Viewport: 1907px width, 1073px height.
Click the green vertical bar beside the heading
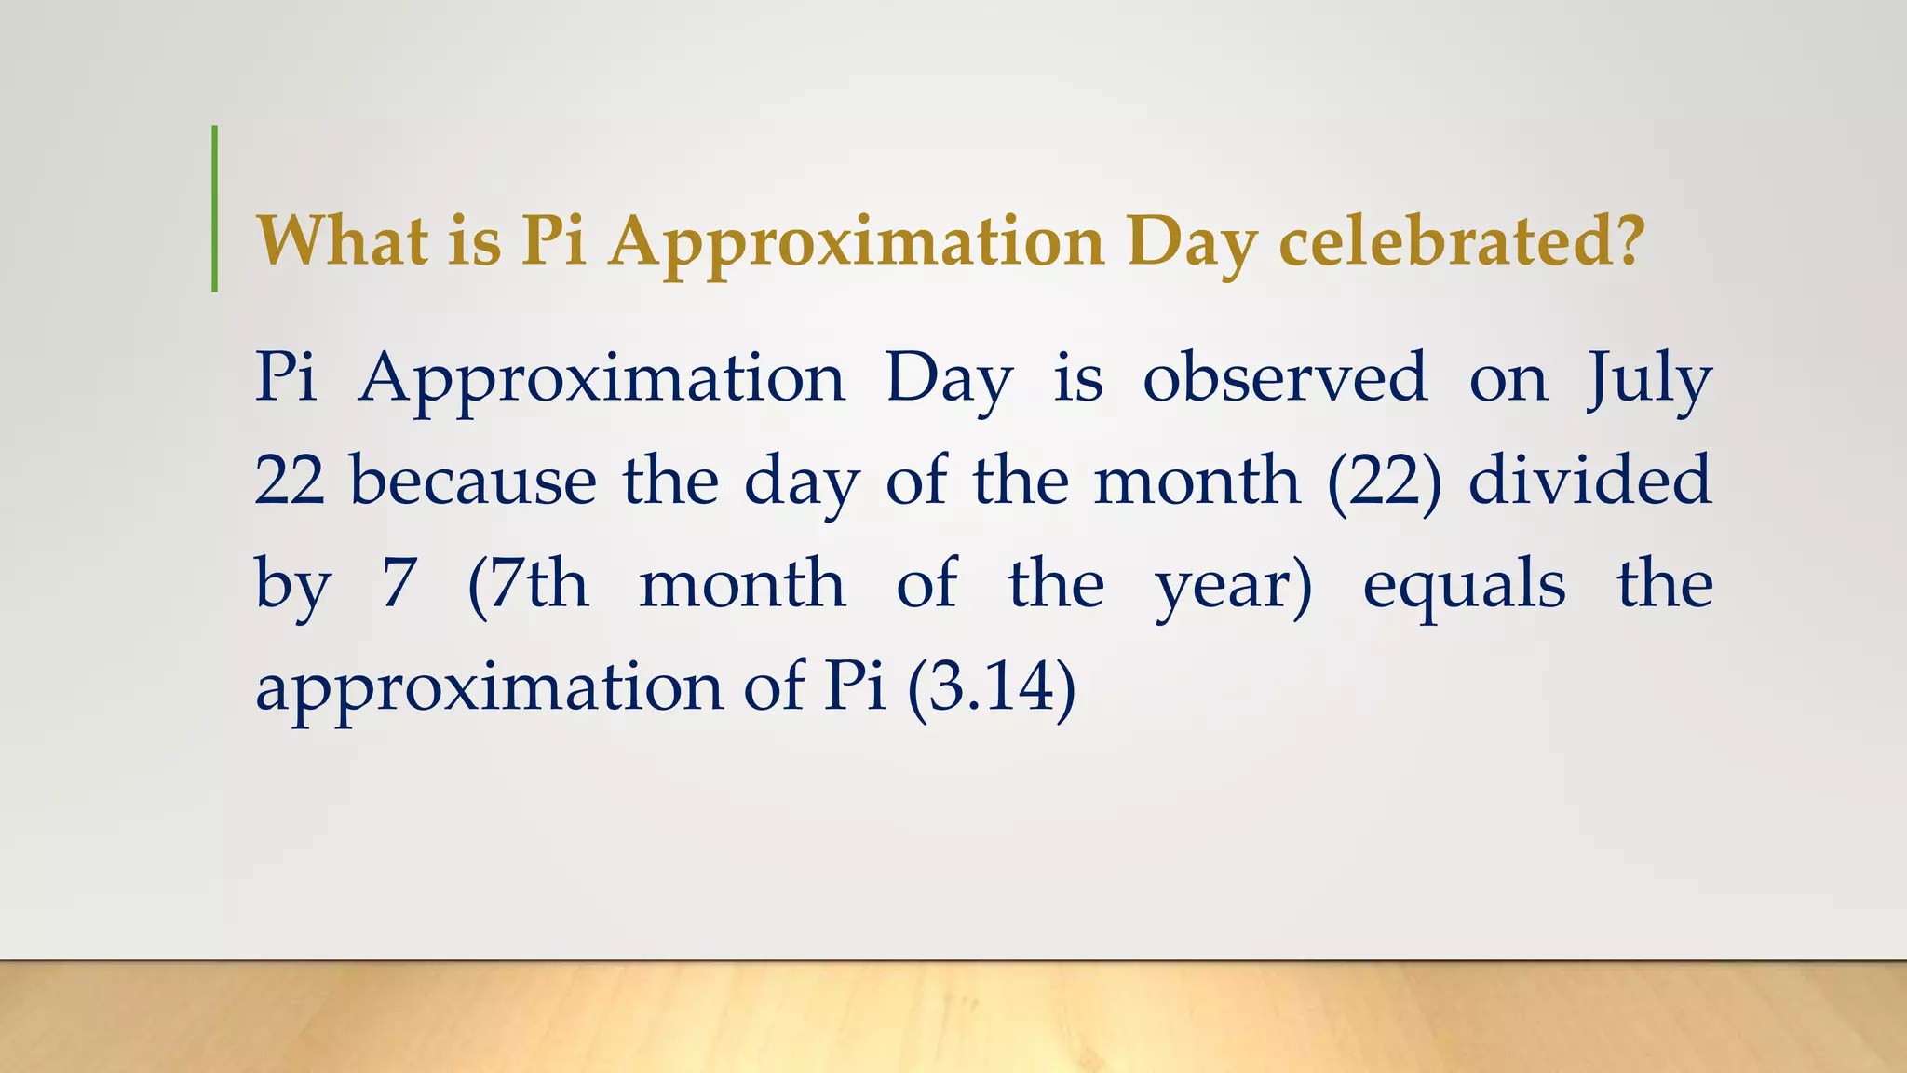coord(215,209)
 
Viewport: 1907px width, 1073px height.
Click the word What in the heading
coord(343,241)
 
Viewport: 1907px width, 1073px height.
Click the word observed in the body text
coord(1285,378)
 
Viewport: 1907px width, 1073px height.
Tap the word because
coord(473,482)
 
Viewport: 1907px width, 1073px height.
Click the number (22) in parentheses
coord(1385,482)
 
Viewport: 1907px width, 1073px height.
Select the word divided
coord(1590,482)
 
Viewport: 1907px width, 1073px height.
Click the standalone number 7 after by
coord(399,585)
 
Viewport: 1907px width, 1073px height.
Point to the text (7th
coord(528,585)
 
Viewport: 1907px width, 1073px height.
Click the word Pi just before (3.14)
coord(854,687)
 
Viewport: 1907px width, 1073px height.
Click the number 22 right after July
coord(290,482)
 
